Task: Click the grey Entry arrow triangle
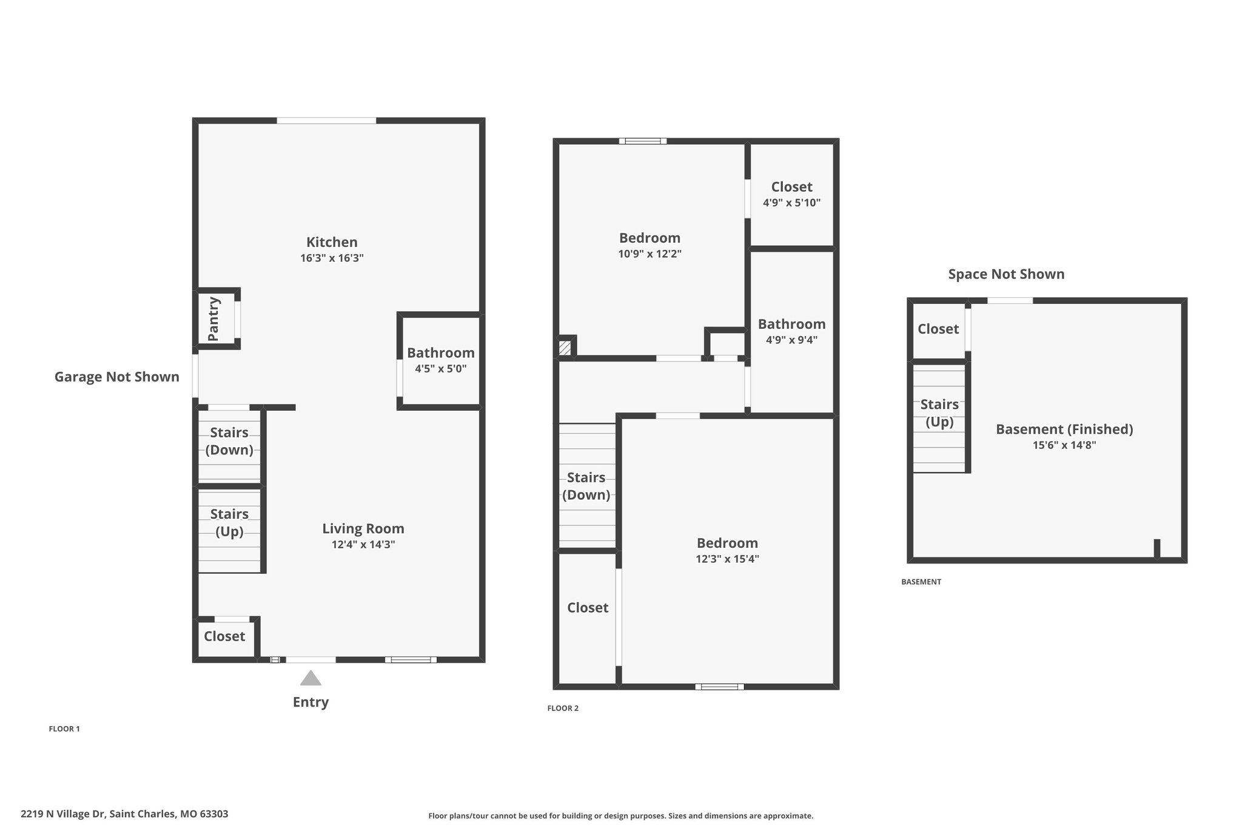[x=310, y=679]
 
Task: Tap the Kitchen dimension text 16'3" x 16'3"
[x=332, y=258]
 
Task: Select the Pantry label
[x=213, y=319]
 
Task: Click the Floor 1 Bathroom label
[x=440, y=353]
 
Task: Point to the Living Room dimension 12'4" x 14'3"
[x=363, y=545]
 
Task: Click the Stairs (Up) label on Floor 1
[x=229, y=522]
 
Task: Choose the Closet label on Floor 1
[x=224, y=636]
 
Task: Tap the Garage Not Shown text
[x=117, y=377]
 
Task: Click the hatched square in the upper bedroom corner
[x=565, y=348]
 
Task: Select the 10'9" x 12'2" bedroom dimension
[x=650, y=254]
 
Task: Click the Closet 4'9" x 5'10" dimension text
[x=791, y=203]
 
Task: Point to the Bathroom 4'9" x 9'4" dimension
[x=791, y=340]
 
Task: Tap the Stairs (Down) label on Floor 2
[x=586, y=486]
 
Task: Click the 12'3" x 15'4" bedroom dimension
[x=727, y=559]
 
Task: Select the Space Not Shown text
[x=1006, y=274]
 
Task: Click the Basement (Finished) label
[x=1064, y=429]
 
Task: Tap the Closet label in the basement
[x=938, y=329]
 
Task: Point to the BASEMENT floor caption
[x=921, y=582]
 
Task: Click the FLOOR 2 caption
[x=563, y=708]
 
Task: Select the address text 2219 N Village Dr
[x=124, y=814]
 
